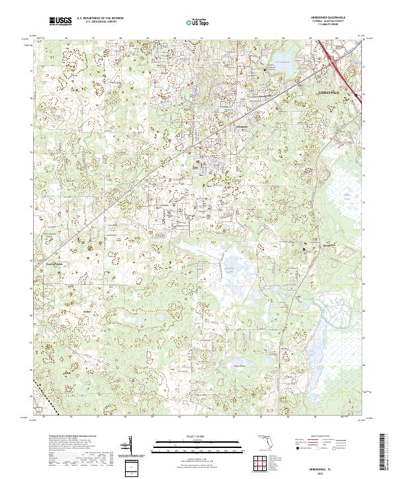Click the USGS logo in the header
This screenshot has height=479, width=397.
[x=60, y=21]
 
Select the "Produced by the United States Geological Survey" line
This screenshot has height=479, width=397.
[x=73, y=437]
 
